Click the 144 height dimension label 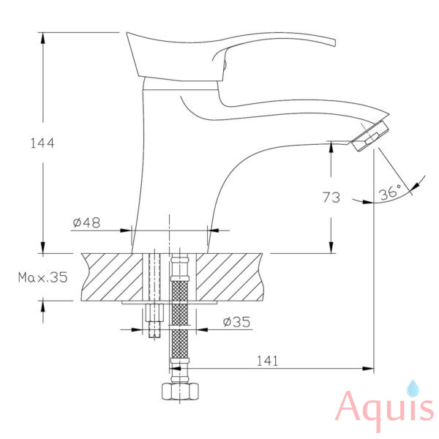tap(42, 143)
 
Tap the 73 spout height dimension tap(331, 198)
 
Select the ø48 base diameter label tap(86, 222)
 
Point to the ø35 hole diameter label tap(236, 322)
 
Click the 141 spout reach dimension tap(268, 361)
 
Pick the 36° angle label tap(390, 192)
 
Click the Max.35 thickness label tap(43, 277)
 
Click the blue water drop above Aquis tap(413, 389)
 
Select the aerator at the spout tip tap(370, 136)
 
